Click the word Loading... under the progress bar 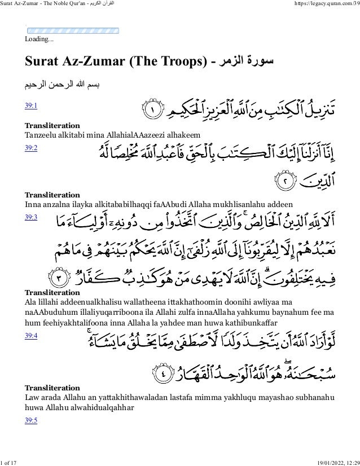39,40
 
